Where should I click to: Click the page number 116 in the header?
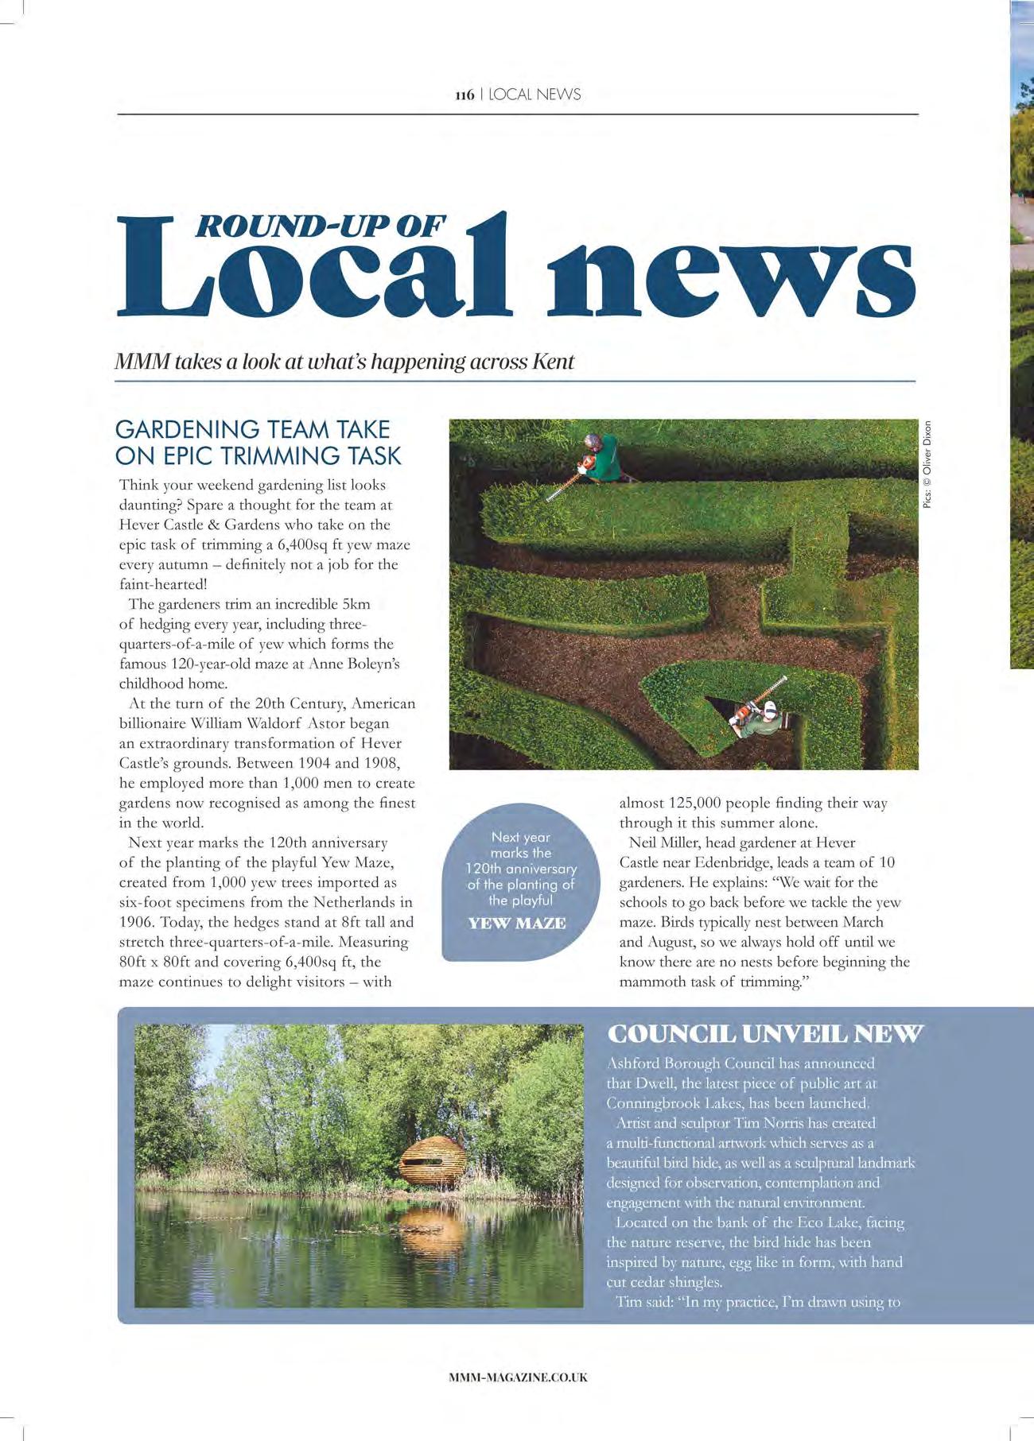465,95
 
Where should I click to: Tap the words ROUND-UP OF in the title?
320,226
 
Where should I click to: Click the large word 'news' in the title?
729,274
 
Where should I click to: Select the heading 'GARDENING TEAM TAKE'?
252,429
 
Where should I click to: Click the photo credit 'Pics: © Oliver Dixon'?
927,464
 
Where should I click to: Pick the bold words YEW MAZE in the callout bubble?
517,924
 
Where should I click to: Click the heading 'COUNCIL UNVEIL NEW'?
764,1034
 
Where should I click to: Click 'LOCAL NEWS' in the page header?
534,95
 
